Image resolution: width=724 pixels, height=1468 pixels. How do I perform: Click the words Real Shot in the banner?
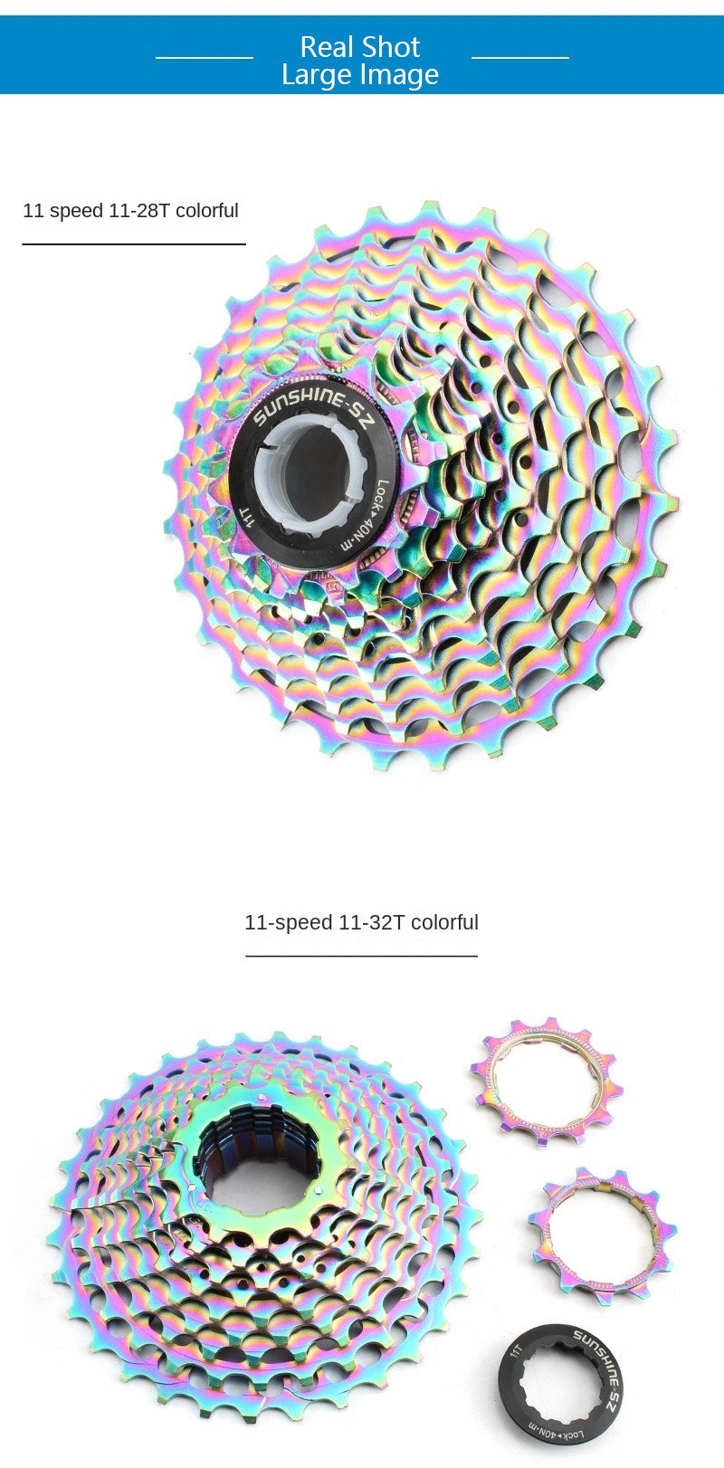coord(359,47)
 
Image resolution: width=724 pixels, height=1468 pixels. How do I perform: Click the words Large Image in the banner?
coord(359,75)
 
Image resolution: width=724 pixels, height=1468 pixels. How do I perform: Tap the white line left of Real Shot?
coord(205,58)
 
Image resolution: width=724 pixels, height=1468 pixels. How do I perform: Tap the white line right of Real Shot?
coord(520,58)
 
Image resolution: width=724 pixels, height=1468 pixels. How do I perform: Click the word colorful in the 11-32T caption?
coord(445,923)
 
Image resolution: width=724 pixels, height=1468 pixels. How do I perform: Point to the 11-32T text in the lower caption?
coord(371,923)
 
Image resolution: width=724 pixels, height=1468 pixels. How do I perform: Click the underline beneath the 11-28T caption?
coord(134,244)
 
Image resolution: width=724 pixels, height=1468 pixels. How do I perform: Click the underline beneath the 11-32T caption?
coord(362,956)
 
